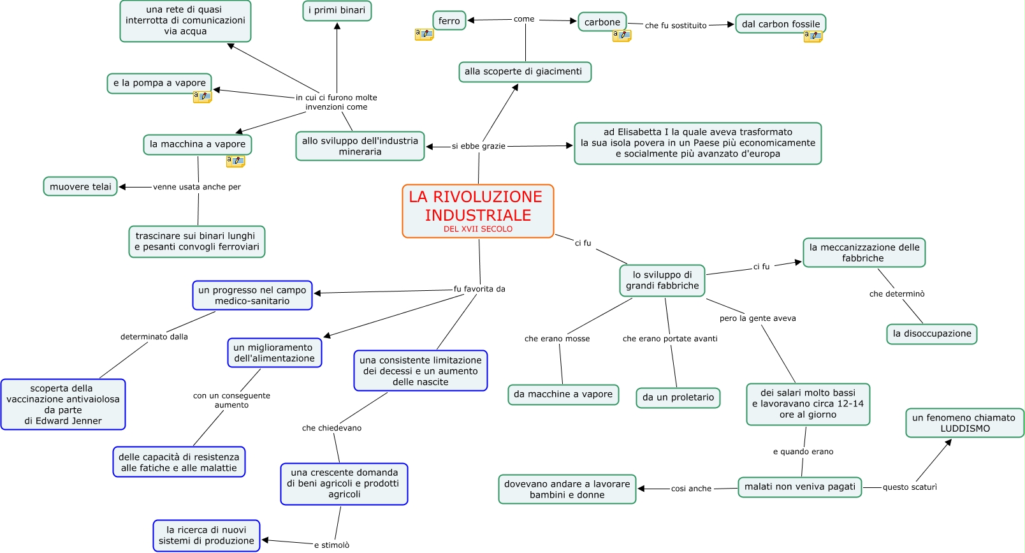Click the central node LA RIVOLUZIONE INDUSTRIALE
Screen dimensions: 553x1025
[x=478, y=211]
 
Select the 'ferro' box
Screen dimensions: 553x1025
[x=449, y=21]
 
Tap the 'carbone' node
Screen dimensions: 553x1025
[x=602, y=22]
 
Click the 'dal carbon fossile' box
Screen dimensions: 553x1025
[x=780, y=24]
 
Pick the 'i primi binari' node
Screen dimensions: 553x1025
[x=337, y=10]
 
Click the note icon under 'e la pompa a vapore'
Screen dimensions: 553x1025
[x=202, y=97]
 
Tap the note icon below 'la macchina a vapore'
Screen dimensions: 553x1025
[x=235, y=161]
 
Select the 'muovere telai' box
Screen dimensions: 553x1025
[x=80, y=187]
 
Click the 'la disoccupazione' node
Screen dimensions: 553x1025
[x=931, y=334]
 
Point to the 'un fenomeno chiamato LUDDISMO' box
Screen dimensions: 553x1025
[x=964, y=423]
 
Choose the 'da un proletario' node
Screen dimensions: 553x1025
[x=678, y=397]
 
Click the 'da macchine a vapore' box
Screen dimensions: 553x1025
[x=563, y=394]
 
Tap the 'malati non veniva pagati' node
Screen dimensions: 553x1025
[x=799, y=487]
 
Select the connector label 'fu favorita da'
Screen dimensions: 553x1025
[x=479, y=289]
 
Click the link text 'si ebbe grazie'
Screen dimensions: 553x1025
[x=478, y=146]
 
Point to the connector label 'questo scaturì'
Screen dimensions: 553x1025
[x=910, y=487]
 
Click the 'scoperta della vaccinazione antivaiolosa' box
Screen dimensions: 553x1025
[x=63, y=404]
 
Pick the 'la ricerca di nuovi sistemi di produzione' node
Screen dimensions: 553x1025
[x=206, y=535]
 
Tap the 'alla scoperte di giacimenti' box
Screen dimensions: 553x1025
[x=524, y=71]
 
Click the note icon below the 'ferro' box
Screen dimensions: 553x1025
[x=424, y=34]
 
